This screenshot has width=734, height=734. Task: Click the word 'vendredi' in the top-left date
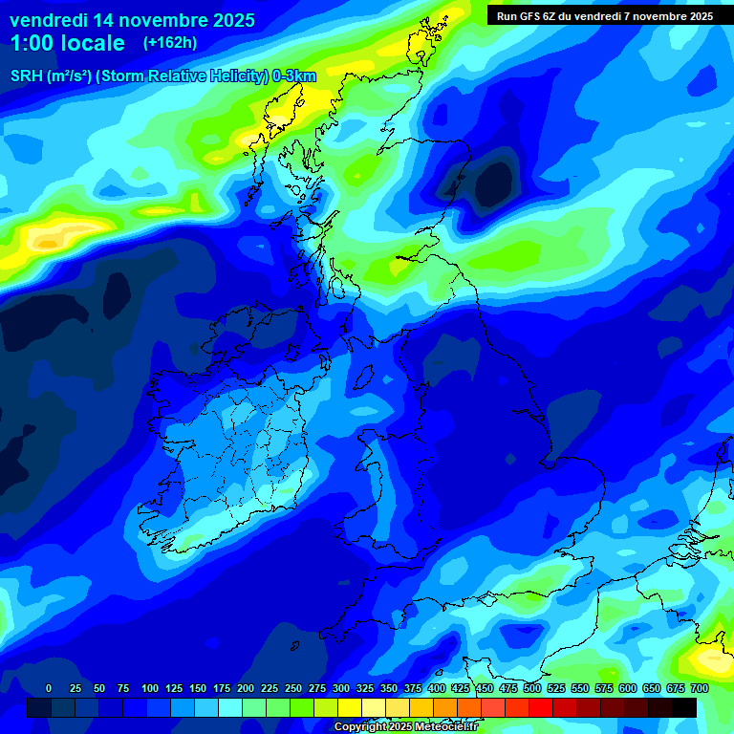[48, 20]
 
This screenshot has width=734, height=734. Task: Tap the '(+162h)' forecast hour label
[170, 42]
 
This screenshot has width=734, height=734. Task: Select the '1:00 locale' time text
[67, 43]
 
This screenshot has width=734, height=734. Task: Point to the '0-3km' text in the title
[295, 76]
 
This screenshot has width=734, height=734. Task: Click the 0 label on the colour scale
[49, 688]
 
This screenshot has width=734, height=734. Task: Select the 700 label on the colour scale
[699, 688]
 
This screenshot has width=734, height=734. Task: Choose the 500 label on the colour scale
[507, 688]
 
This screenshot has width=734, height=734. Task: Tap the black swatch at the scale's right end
[684, 707]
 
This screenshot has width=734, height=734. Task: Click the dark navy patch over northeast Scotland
[495, 180]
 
